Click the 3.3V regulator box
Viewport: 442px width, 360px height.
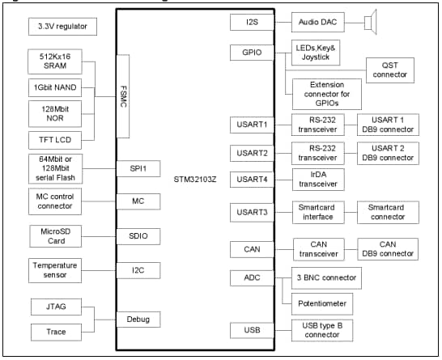tap(62, 27)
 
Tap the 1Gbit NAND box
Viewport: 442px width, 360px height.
tap(54, 87)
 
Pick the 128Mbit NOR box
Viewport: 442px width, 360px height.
tap(54, 112)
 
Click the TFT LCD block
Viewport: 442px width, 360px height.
tap(54, 138)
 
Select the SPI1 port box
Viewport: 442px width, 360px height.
tap(138, 167)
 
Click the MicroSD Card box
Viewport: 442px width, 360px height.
tap(54, 235)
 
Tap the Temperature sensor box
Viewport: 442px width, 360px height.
tap(54, 269)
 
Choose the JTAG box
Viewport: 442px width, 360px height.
tap(54, 307)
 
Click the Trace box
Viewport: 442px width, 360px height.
tap(54, 332)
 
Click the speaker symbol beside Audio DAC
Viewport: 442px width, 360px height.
tap(370, 22)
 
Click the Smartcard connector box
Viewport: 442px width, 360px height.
tap(386, 212)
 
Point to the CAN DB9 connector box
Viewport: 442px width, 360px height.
tap(386, 248)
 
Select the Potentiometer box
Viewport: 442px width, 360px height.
tap(325, 303)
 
